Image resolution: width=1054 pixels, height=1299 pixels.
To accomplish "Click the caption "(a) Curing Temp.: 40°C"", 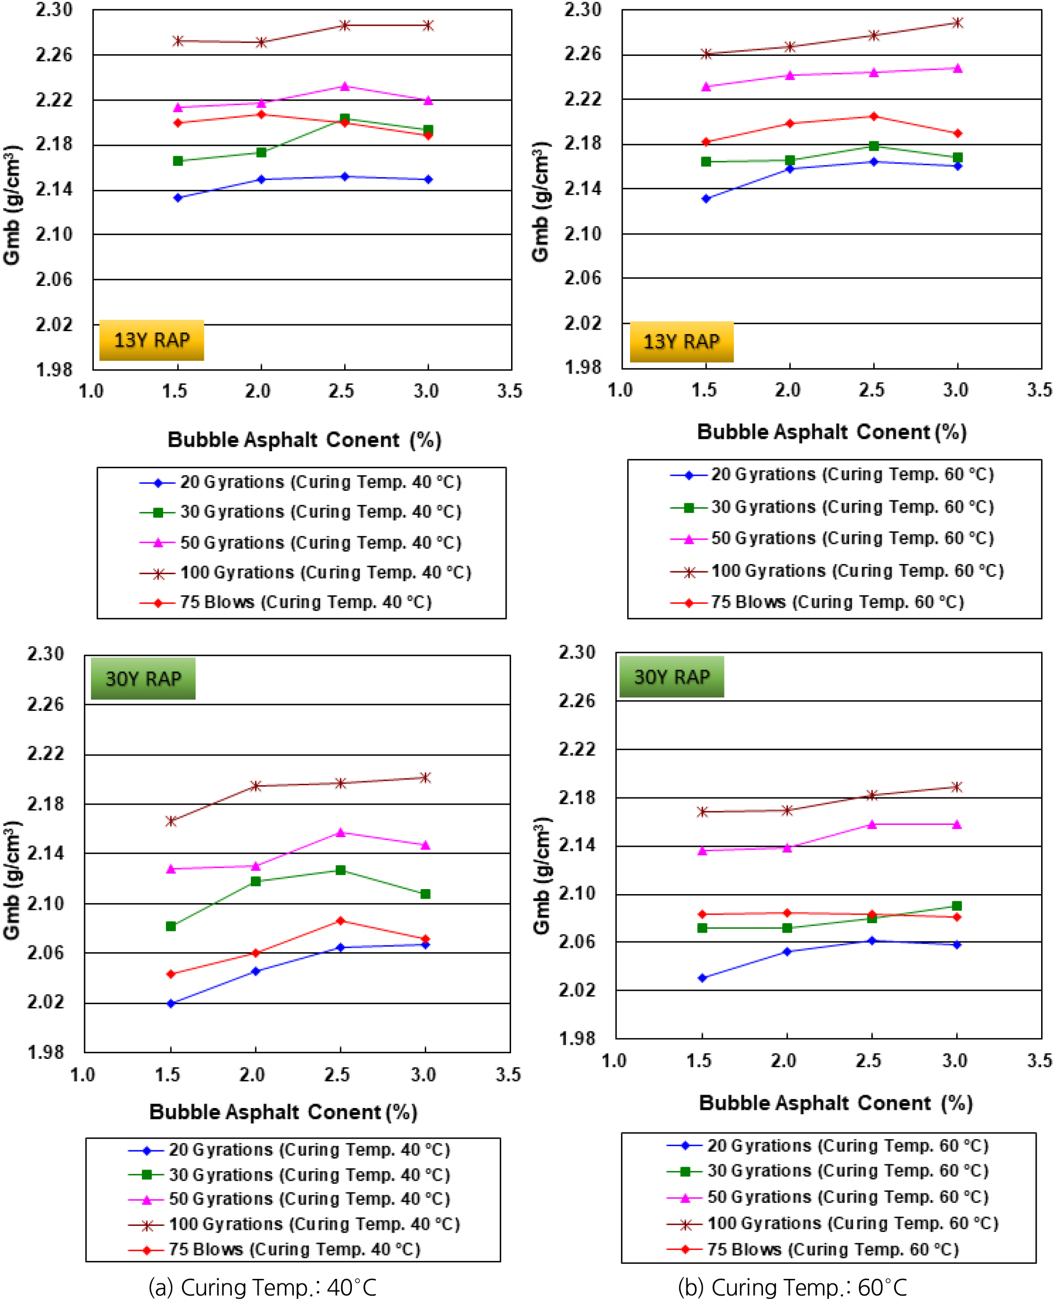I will click(x=263, y=1286).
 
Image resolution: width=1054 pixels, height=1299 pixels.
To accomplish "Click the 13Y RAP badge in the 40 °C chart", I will click(x=151, y=340).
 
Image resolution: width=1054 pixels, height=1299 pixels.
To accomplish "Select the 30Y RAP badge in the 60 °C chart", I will click(x=671, y=676).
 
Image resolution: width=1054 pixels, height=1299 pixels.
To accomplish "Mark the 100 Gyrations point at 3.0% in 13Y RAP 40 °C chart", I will click(x=428, y=26).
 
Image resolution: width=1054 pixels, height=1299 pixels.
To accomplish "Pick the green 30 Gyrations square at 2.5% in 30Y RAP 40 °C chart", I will click(x=341, y=870).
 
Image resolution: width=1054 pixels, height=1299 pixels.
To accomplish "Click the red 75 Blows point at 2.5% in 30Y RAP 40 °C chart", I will click(x=341, y=921).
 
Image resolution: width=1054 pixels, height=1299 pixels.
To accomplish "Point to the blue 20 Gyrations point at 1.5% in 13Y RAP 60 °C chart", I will click(x=705, y=198).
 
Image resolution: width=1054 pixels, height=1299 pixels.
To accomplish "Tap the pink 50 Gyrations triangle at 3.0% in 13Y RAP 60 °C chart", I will click(x=957, y=69).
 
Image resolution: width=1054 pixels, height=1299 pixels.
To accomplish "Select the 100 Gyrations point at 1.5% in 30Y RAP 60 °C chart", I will click(x=703, y=811).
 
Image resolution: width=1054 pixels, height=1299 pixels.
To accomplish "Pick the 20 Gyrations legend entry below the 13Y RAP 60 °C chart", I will click(x=832, y=474).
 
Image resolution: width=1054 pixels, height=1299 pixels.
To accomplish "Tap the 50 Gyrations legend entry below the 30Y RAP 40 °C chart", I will click(x=289, y=1199).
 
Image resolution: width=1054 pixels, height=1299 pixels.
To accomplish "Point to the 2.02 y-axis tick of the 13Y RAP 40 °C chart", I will click(x=54, y=324).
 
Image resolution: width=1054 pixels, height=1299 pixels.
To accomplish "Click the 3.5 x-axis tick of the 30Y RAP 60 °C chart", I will click(x=1039, y=1061).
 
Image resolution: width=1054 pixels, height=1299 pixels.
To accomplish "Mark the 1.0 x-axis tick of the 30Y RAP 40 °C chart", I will click(x=83, y=1075).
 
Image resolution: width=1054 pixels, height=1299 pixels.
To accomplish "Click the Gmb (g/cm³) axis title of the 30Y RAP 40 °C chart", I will click(x=12, y=880).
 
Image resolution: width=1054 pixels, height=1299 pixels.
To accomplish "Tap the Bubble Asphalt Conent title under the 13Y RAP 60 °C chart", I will click(x=831, y=432).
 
